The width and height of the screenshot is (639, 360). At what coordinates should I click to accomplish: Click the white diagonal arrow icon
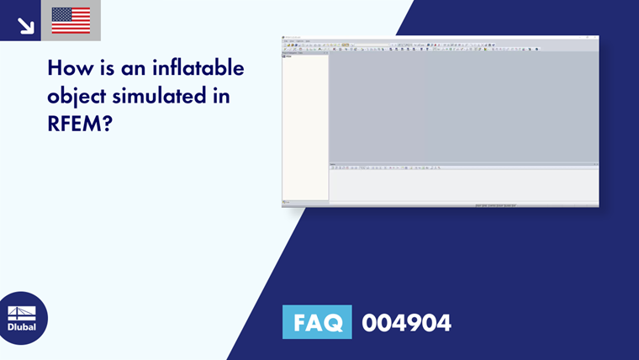(25, 26)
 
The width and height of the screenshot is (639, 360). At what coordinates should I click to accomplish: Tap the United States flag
(71, 20)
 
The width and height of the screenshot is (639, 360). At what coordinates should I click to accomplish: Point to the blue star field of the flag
(60, 13)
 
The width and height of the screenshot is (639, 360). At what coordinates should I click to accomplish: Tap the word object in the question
(76, 97)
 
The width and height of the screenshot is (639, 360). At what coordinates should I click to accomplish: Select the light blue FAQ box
(317, 323)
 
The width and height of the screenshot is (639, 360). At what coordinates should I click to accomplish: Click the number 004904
(406, 323)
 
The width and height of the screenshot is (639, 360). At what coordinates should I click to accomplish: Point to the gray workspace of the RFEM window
(462, 105)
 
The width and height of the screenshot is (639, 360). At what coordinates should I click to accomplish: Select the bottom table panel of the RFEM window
(462, 185)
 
